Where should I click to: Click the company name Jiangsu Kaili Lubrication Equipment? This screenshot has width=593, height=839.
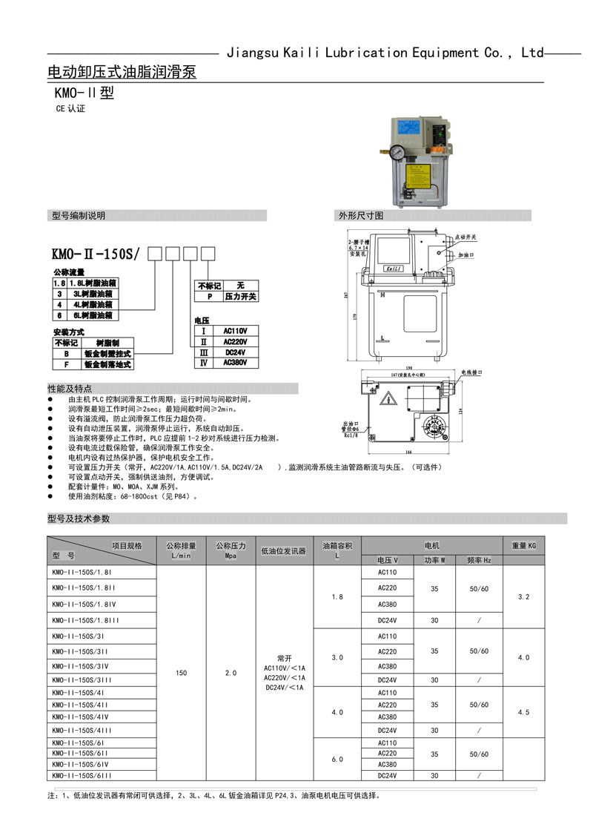pos(385,53)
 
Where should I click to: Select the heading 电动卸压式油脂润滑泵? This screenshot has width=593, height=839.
pos(122,73)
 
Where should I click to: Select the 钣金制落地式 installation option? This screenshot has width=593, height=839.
pos(107,365)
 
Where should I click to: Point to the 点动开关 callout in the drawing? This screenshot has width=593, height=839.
pos(466,237)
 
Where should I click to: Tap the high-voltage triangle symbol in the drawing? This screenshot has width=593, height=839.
pos(386,401)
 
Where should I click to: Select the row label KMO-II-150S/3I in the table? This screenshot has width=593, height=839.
pos(71,636)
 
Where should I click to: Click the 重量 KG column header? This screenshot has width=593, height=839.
pos(523,546)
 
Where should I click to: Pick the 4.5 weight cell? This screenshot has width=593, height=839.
pos(523,712)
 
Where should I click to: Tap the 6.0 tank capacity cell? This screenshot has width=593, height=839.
pos(337,760)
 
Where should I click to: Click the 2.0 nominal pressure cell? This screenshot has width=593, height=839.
pos(230,674)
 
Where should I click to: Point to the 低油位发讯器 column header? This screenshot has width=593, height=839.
pos(284,551)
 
